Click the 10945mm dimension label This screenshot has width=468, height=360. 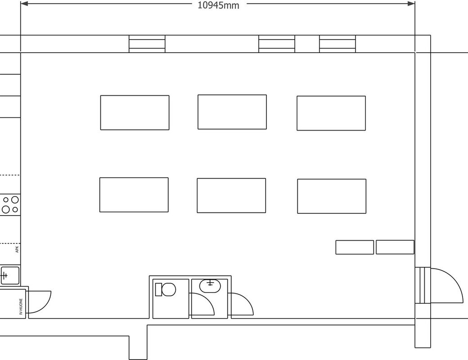coord(219,5)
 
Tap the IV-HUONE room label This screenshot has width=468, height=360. coord(21,306)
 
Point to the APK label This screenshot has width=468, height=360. coord(17,249)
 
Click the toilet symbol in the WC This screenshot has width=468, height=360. coord(165,289)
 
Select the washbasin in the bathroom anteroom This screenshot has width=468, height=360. coord(210,286)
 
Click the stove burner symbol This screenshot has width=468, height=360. coord(10,204)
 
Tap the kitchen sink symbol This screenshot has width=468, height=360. coord(10,275)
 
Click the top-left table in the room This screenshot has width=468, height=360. coord(135,112)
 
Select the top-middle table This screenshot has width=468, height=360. coord(232,112)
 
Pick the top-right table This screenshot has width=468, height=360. coord(331,113)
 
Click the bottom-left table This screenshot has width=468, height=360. coord(134,195)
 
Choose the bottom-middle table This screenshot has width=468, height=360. coord(231,195)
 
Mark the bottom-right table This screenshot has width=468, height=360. coord(332,196)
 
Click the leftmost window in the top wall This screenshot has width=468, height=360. coord(147,44)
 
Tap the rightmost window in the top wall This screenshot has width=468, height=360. coord(337,44)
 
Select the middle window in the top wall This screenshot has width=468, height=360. coord(277,44)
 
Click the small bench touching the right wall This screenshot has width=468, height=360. coord(395,247)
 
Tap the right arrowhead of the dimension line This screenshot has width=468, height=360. coord(411,4)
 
